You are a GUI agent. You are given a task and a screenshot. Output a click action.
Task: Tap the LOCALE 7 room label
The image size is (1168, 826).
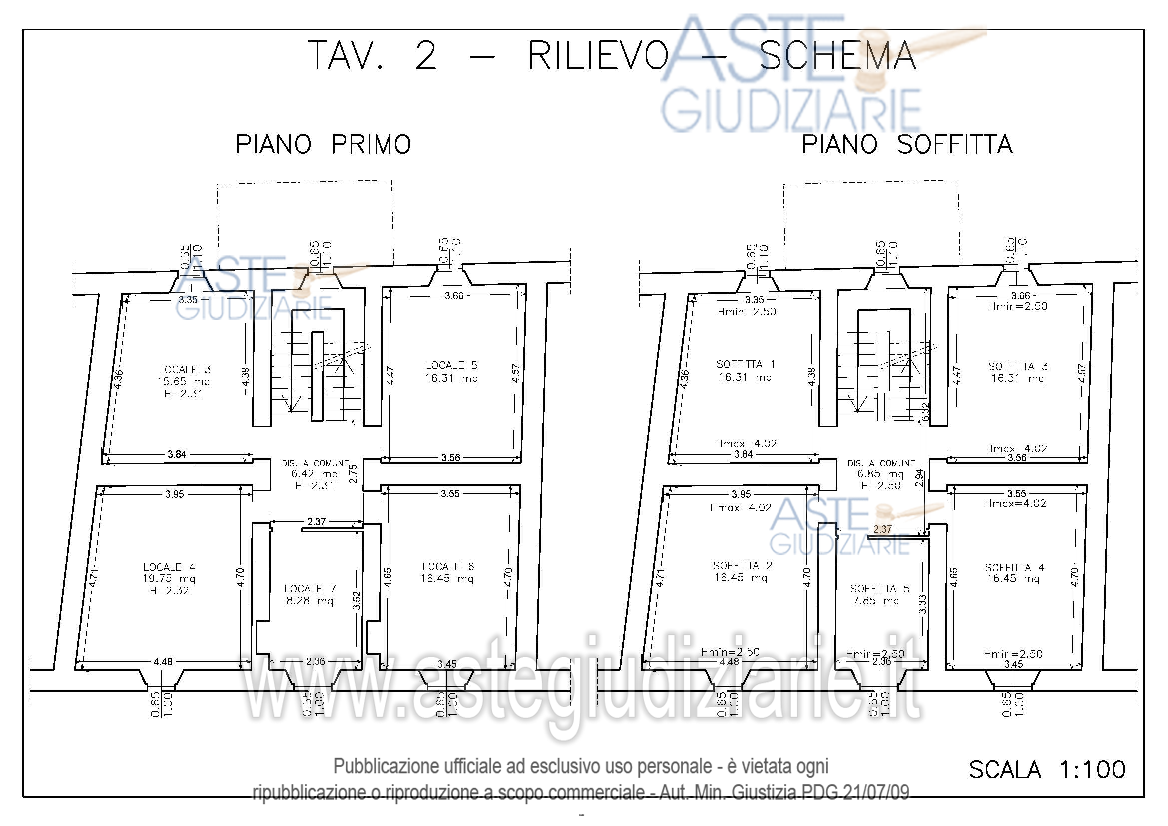[310, 588]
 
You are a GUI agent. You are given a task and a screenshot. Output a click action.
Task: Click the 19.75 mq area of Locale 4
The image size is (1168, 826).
[169, 578]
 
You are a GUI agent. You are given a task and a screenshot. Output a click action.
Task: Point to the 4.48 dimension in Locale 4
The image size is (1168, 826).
[163, 662]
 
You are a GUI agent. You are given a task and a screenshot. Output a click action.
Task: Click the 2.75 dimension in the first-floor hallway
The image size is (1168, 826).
[353, 474]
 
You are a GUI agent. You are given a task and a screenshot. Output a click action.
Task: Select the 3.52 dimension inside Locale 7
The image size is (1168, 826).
[357, 601]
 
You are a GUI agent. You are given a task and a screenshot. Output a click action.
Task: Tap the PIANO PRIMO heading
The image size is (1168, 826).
[323, 145]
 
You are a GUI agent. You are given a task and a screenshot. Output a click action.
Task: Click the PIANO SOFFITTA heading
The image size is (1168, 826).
[907, 145]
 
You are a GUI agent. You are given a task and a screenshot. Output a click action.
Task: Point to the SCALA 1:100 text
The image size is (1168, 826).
[1047, 770]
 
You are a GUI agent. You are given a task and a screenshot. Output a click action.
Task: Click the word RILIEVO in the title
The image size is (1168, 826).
[598, 56]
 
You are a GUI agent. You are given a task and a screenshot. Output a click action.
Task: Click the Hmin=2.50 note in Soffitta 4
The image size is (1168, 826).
[1013, 654]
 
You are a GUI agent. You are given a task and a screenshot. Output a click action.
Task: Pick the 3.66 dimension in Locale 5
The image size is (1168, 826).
[454, 296]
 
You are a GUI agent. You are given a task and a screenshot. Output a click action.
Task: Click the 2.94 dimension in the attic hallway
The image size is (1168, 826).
[919, 478]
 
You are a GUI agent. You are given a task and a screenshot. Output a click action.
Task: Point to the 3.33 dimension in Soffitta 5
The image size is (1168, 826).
[922, 604]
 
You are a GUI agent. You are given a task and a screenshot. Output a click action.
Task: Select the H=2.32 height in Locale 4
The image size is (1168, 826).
[169, 590]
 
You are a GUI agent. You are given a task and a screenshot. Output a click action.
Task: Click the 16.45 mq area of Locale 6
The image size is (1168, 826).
[446, 578]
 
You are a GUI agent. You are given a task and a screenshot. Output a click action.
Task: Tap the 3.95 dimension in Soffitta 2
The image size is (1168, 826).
[741, 494]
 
